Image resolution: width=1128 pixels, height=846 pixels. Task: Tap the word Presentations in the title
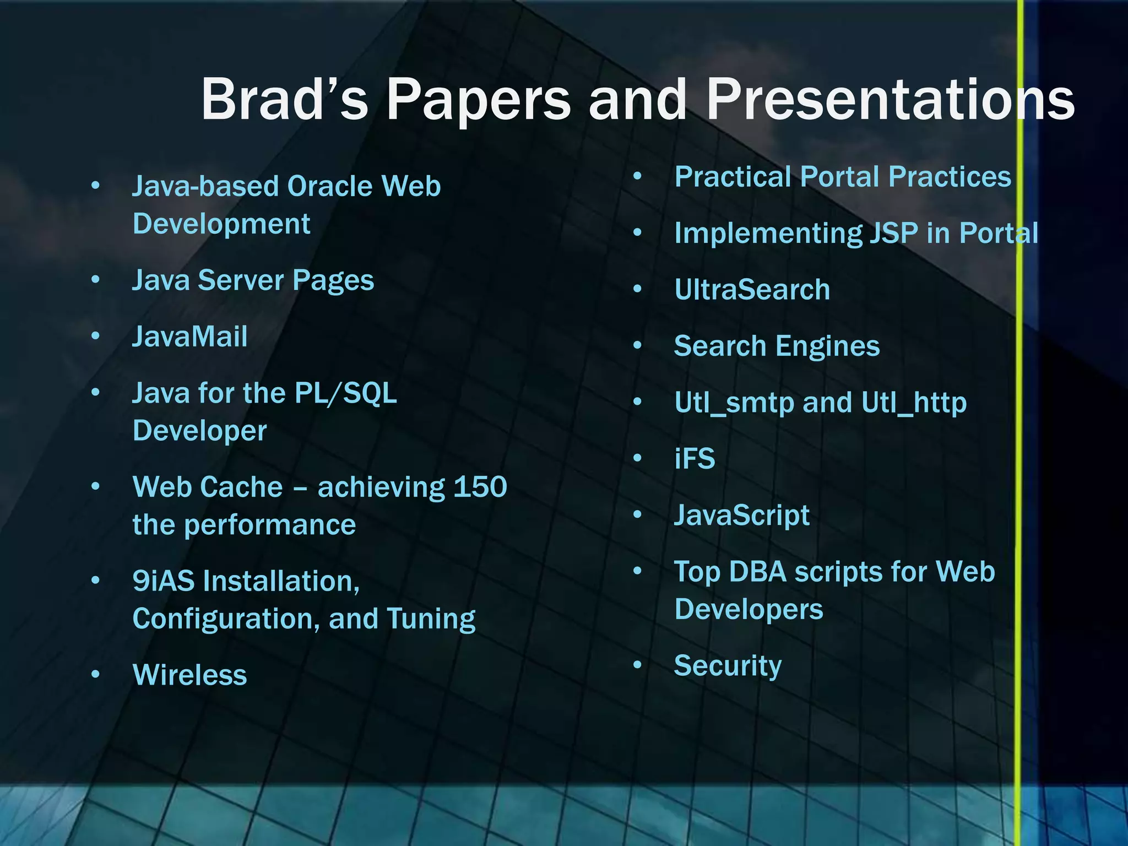(x=890, y=99)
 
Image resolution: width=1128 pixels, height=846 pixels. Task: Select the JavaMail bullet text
(x=190, y=337)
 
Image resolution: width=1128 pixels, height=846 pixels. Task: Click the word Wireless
(x=190, y=675)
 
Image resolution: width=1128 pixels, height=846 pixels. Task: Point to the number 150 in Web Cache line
(x=480, y=487)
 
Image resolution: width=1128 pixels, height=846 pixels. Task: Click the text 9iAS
(x=164, y=581)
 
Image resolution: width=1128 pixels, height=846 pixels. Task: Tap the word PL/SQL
(x=345, y=393)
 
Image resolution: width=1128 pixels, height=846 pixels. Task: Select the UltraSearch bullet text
(x=752, y=290)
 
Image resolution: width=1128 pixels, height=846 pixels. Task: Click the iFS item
(x=695, y=459)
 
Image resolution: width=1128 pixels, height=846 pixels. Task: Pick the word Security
(x=728, y=666)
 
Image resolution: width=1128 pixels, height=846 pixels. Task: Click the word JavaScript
(x=742, y=516)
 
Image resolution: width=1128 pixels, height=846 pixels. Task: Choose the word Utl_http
(x=914, y=403)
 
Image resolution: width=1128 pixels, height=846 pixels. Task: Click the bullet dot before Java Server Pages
(x=96, y=280)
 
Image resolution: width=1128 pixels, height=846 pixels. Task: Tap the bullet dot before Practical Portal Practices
(x=638, y=176)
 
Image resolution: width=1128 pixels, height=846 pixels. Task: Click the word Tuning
(x=431, y=619)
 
